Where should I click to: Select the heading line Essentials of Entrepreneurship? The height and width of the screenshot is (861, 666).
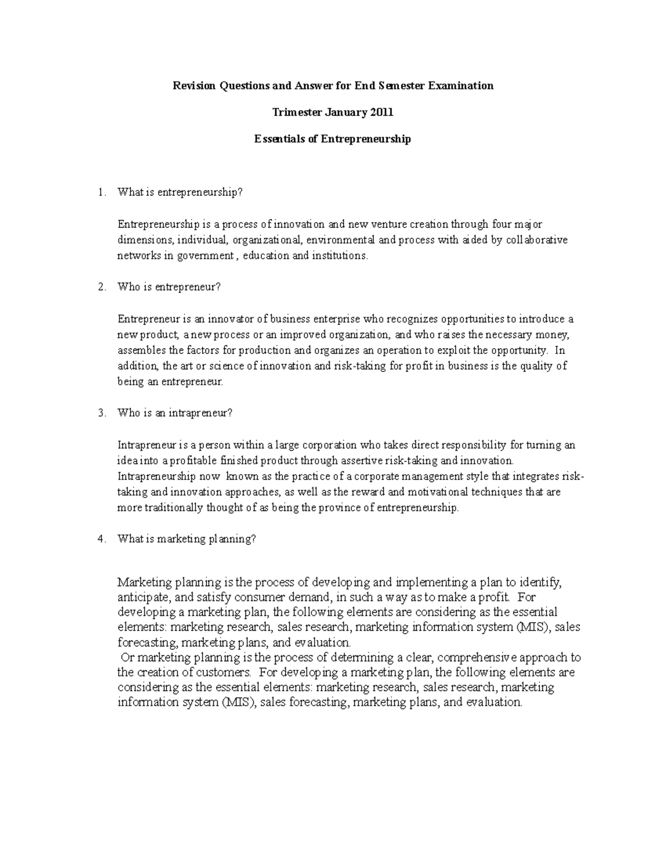(x=332, y=139)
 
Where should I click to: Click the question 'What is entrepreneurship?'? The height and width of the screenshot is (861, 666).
(x=180, y=193)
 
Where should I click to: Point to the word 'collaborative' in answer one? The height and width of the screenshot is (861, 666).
(x=537, y=240)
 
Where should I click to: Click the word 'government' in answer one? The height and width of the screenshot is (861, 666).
(x=207, y=256)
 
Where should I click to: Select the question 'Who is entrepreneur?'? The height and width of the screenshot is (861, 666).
(x=169, y=287)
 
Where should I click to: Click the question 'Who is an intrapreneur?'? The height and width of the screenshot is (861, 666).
(x=175, y=413)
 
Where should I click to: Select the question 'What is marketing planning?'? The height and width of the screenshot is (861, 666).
(x=186, y=539)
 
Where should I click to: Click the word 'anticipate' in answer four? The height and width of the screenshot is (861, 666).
(x=142, y=598)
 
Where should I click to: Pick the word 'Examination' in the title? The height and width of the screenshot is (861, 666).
(x=465, y=86)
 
